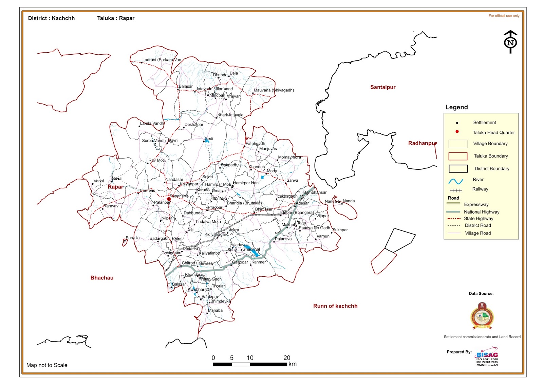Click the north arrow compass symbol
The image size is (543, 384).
[510, 42]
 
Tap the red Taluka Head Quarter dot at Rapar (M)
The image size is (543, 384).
[169, 199]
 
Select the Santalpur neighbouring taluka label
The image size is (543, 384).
[383, 87]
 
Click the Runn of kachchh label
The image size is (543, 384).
[335, 306]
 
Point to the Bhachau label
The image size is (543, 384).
[102, 278]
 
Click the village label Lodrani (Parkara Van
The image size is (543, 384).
[162, 60]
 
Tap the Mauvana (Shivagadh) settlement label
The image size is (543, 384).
[274, 90]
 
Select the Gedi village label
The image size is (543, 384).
[209, 139]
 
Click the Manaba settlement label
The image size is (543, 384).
[215, 310]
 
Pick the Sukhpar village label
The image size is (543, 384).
[340, 230]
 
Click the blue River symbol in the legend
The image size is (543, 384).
[456, 181]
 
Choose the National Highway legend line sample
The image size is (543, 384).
[453, 212]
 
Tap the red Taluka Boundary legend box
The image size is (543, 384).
[458, 156]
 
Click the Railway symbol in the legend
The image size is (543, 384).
[455, 190]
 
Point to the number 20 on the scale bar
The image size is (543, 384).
[287, 358]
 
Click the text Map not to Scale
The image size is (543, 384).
[47, 365]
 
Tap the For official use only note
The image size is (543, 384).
[504, 16]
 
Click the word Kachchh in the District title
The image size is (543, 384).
[63, 18]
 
